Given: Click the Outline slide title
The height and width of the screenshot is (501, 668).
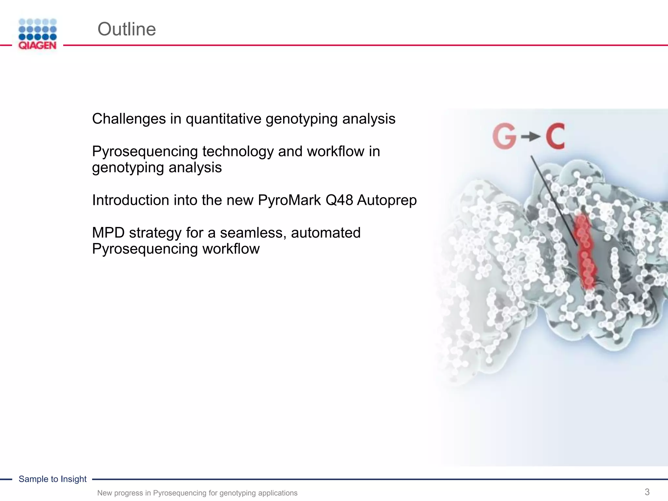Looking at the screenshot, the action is (x=127, y=29).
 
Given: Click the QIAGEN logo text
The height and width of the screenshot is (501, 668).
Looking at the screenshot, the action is (x=38, y=46).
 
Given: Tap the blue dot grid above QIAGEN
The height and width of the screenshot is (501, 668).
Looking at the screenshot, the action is (x=38, y=29).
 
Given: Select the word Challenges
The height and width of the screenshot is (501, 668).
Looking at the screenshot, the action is (x=129, y=119).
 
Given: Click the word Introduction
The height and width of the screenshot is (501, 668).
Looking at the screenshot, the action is (x=130, y=200).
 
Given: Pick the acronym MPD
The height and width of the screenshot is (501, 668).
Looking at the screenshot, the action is (x=108, y=233).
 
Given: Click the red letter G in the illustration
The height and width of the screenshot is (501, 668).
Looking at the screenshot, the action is (x=504, y=137).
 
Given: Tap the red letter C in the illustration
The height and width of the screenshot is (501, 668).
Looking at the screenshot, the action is (x=555, y=137).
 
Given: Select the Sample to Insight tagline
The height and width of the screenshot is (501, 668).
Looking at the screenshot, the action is (x=53, y=479).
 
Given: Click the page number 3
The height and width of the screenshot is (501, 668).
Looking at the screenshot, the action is (x=647, y=492).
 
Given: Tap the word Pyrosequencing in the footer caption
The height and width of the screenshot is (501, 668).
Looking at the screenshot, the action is (x=180, y=493).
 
